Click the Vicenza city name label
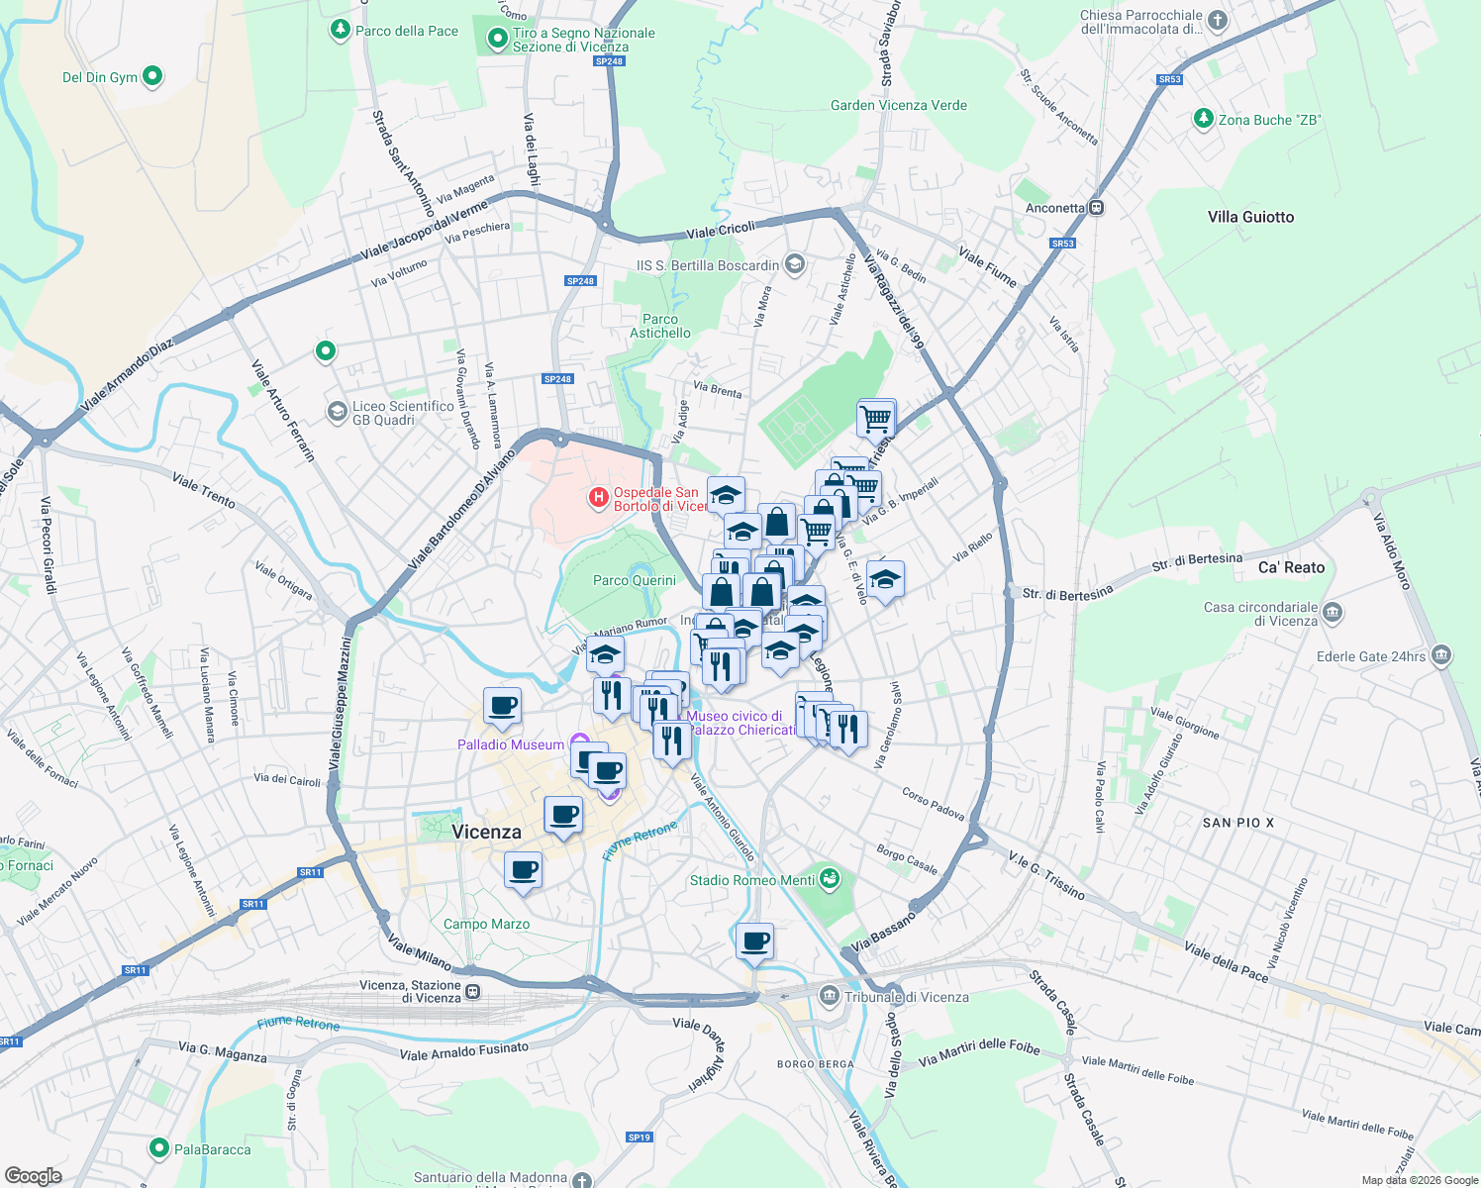[486, 832]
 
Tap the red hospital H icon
[598, 498]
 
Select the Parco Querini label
[635, 580]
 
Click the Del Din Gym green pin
[151, 75]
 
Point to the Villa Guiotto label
[1250, 217]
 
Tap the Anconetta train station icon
[1097, 208]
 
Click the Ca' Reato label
[1291, 567]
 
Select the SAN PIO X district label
[1238, 823]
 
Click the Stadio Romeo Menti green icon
[830, 878]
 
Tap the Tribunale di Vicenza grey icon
[829, 996]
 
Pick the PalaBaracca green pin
[158, 1148]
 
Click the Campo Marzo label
[486, 924]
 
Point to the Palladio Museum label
[511, 744]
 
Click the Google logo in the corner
[33, 1175]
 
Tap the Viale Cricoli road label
[721, 230]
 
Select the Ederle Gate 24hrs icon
[1440, 655]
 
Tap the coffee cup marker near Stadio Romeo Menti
[754, 941]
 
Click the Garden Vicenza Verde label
[899, 105]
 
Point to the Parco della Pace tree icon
[341, 30]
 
